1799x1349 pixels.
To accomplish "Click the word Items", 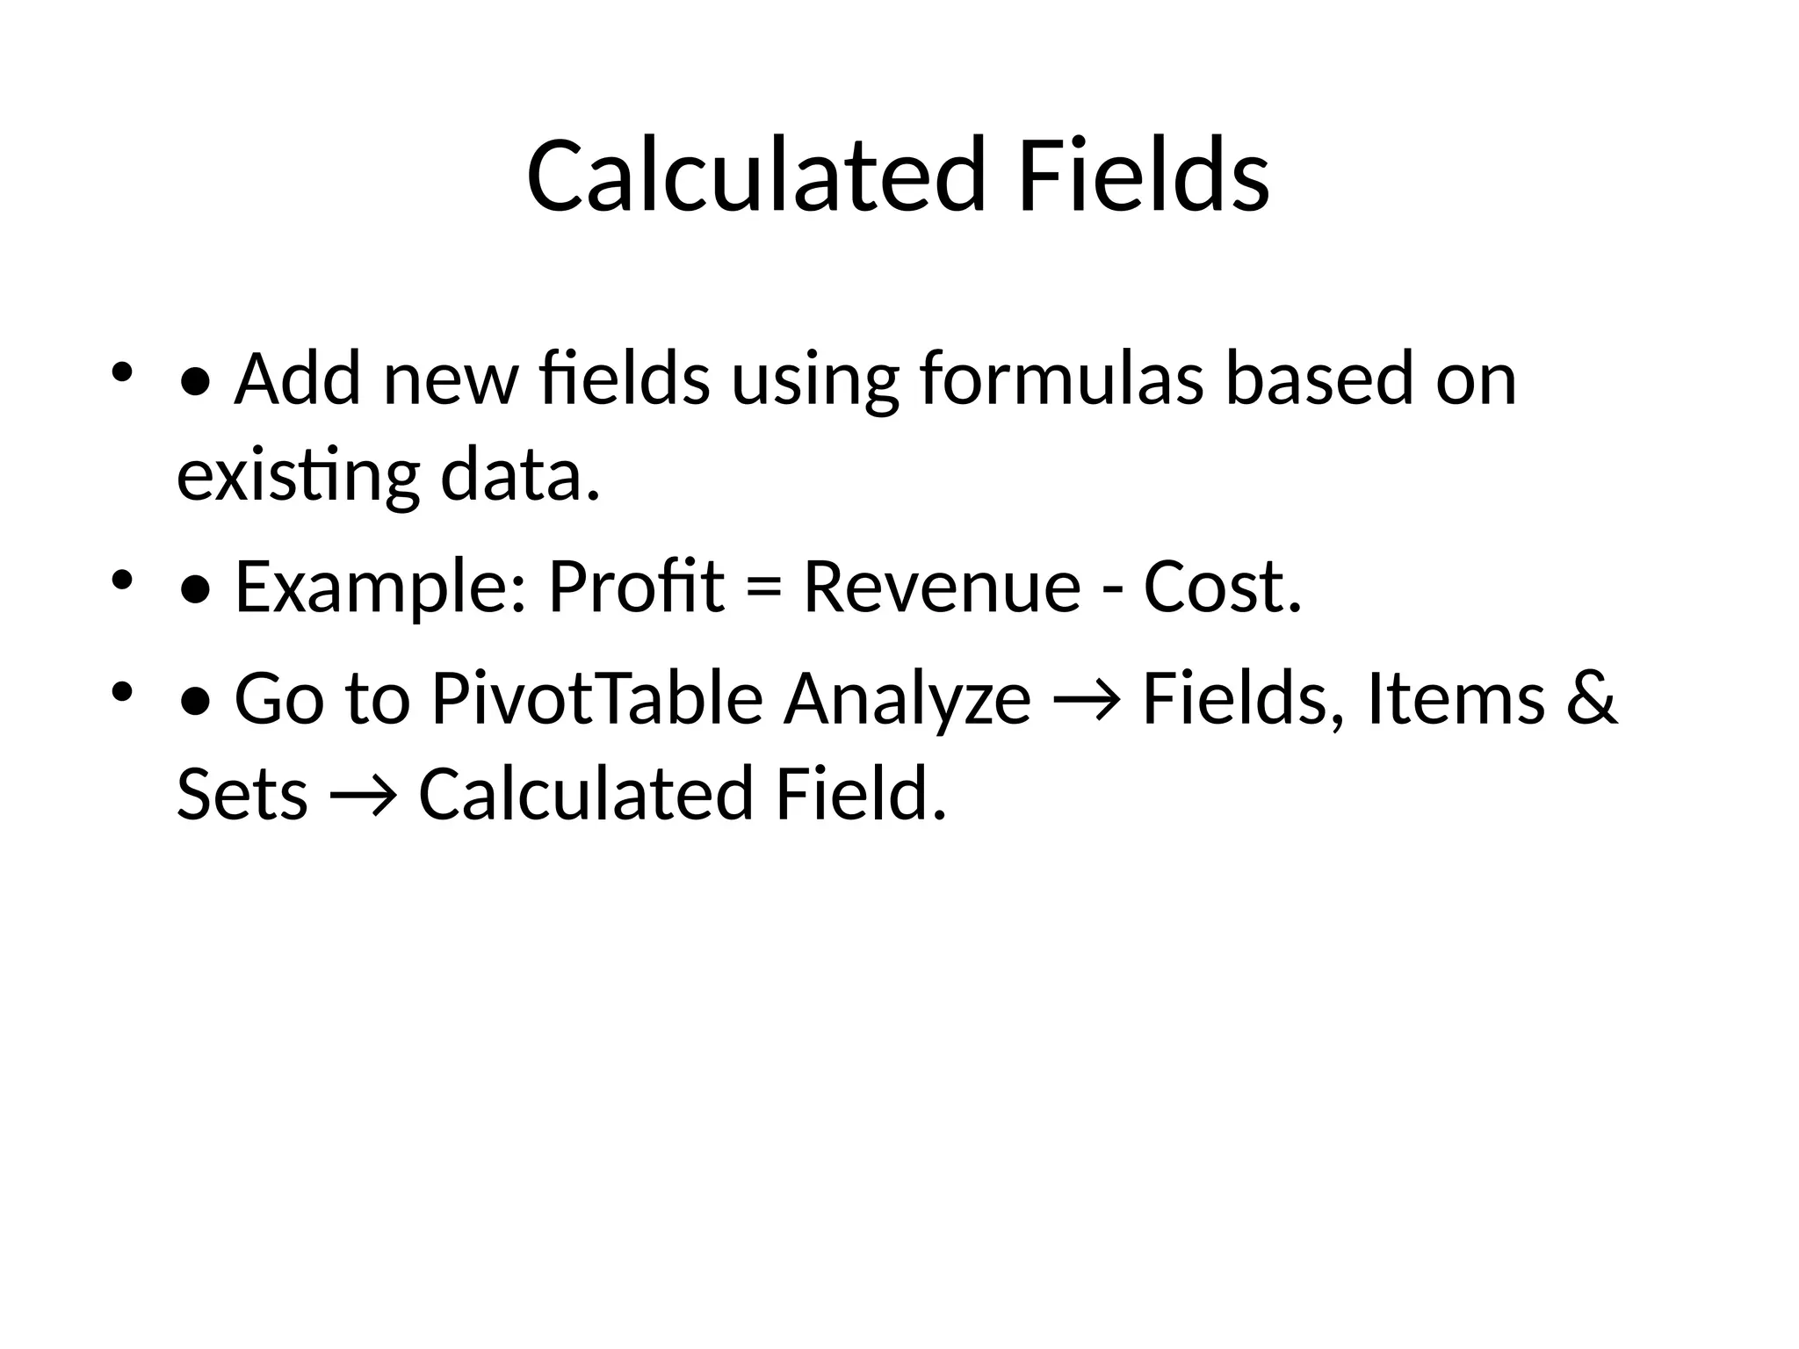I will [x=1456, y=699].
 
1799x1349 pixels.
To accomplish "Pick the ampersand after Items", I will [x=1591, y=699].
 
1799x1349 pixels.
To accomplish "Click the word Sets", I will [x=242, y=794].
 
